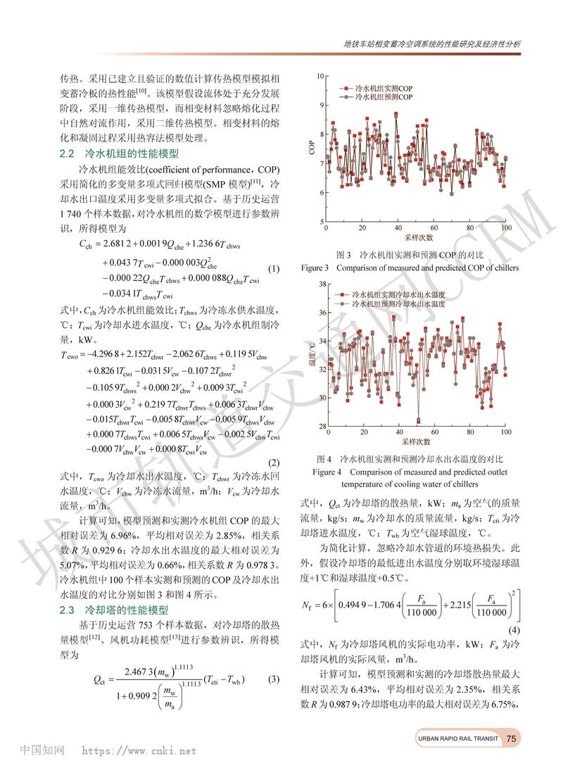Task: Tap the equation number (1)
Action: tap(274, 268)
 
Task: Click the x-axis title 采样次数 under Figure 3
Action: tap(415, 238)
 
